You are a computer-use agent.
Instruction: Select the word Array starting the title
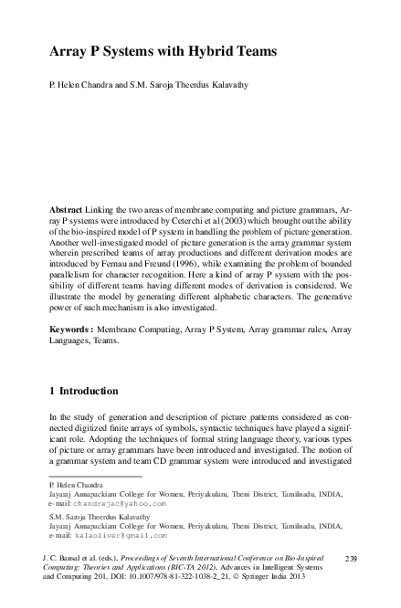tap(67, 54)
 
